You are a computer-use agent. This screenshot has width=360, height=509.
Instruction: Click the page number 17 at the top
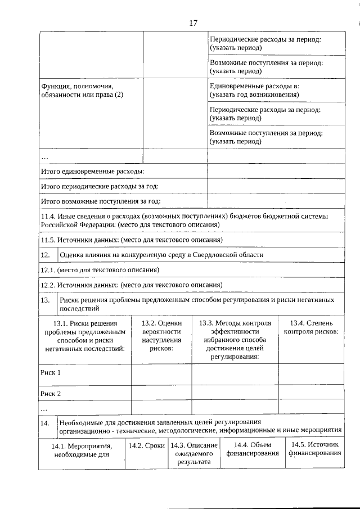point(193,23)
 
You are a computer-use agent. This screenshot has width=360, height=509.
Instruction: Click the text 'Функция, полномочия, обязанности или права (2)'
point(82,91)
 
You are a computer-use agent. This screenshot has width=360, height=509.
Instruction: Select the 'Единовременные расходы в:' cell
point(254,91)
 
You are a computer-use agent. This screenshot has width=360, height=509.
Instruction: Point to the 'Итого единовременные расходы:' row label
point(93,171)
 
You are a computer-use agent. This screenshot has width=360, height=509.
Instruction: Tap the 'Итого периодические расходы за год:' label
point(100,186)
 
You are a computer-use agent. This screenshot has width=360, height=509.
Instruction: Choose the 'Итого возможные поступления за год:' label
point(101,201)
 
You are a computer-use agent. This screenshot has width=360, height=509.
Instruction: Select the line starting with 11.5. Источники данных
point(132,240)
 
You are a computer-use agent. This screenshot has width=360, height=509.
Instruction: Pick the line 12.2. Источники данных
point(132,285)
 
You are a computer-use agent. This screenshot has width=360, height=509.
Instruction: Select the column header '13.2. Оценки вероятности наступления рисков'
point(161,336)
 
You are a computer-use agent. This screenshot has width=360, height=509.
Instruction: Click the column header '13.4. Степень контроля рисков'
point(311,327)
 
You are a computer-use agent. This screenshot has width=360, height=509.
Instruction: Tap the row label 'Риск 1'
point(51,372)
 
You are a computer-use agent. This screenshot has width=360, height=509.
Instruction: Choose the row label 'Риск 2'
point(51,393)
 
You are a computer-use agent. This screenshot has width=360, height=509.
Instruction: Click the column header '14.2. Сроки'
point(146,445)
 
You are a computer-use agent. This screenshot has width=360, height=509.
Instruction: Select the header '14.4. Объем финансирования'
point(249,449)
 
